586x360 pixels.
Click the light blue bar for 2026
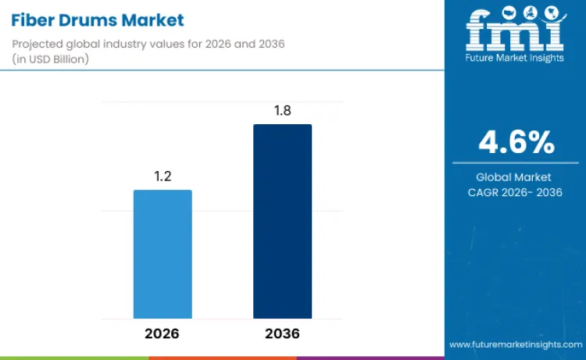[x=163, y=254]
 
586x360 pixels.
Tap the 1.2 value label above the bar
[x=163, y=176]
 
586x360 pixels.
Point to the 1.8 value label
[x=282, y=111]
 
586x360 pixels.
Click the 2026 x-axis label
[x=162, y=333]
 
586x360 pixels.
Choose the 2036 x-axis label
[x=282, y=333]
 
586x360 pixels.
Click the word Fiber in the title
[x=35, y=20]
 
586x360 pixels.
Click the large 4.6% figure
[x=516, y=142]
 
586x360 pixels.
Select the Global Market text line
[x=516, y=177]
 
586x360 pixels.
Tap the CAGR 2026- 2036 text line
[x=516, y=192]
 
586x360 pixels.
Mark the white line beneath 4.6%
[x=516, y=163]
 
